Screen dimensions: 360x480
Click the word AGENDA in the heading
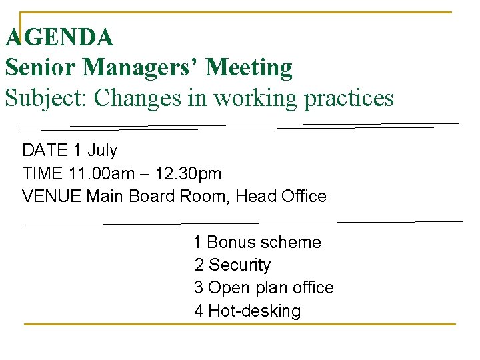pyautogui.click(x=59, y=37)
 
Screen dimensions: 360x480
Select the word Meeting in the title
pyautogui.click(x=249, y=67)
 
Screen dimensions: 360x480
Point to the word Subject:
pyautogui.click(x=46, y=99)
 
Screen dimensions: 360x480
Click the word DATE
pyautogui.click(x=45, y=151)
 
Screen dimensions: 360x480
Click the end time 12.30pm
pyautogui.click(x=189, y=174)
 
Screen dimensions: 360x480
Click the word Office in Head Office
pyautogui.click(x=304, y=197)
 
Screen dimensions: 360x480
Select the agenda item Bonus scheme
pyautogui.click(x=264, y=243)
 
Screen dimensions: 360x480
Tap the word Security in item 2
pyautogui.click(x=240, y=265)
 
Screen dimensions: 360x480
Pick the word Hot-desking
pyautogui.click(x=255, y=311)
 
